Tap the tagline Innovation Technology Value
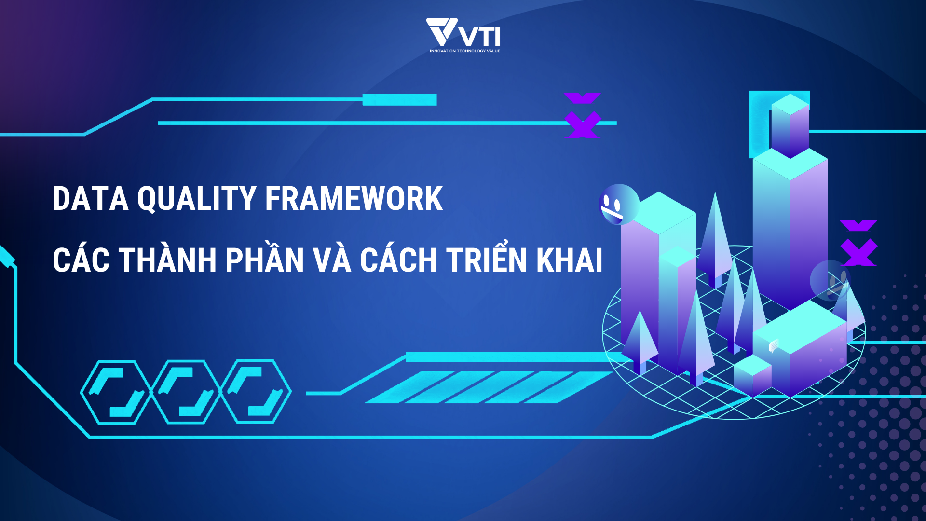click(x=465, y=51)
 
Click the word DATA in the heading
click(x=91, y=198)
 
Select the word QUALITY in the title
click(x=197, y=199)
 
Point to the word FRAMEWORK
click(x=354, y=198)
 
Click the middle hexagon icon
click(x=186, y=392)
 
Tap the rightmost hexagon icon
click(x=256, y=392)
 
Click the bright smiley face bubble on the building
click(x=619, y=204)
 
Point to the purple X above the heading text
click(x=582, y=115)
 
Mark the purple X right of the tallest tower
click(x=858, y=243)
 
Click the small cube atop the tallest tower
click(x=790, y=125)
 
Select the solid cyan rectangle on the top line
click(x=399, y=100)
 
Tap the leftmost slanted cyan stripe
click(x=409, y=387)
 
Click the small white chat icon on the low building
click(x=773, y=345)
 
